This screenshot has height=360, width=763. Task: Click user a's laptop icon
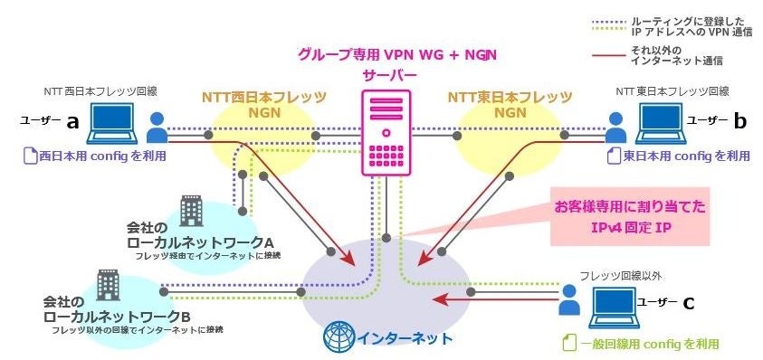pos(111,124)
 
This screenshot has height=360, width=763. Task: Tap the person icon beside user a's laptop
pos(157,128)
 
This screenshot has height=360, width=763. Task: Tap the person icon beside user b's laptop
pos(617,128)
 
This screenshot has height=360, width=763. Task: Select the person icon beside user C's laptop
pos(568,300)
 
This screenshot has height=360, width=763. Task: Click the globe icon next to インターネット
pos(339,337)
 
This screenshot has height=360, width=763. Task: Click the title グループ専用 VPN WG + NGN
pos(397,54)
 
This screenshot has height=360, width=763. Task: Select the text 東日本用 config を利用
pos(680,156)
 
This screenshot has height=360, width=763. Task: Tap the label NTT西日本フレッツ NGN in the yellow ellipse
pos(262,104)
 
